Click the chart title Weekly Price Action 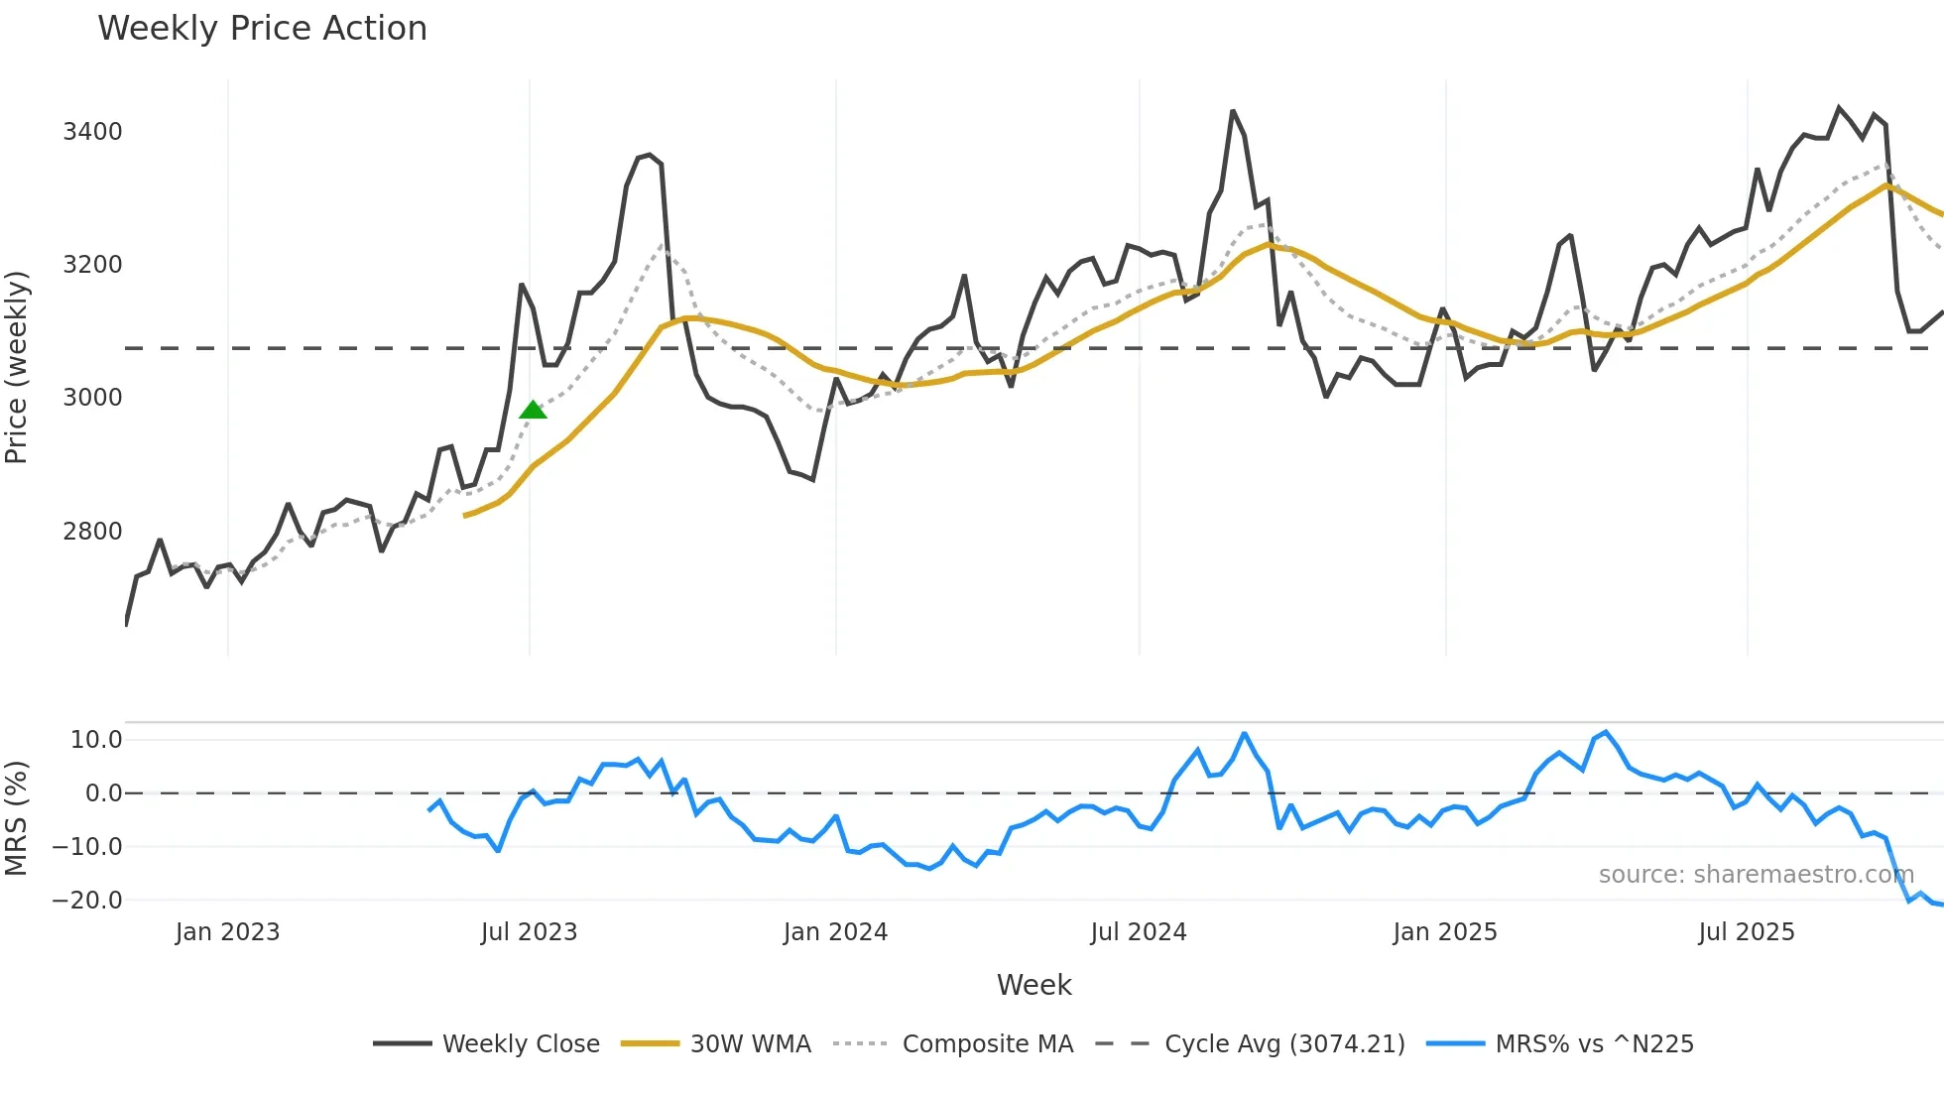coord(262,29)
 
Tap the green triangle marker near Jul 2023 coord(533,410)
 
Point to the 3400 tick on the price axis coord(92,132)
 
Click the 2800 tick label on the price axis coord(92,532)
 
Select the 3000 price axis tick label coord(92,398)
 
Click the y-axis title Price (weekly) coord(17,367)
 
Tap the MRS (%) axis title coord(17,817)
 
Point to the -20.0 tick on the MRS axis coord(87,901)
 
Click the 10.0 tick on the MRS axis coord(96,740)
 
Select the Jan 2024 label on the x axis coord(835,932)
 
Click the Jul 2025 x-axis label coord(1746,932)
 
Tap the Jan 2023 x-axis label coord(227,932)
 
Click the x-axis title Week coord(1033,985)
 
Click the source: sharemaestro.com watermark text coord(1756,875)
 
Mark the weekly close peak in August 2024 coord(1233,111)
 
